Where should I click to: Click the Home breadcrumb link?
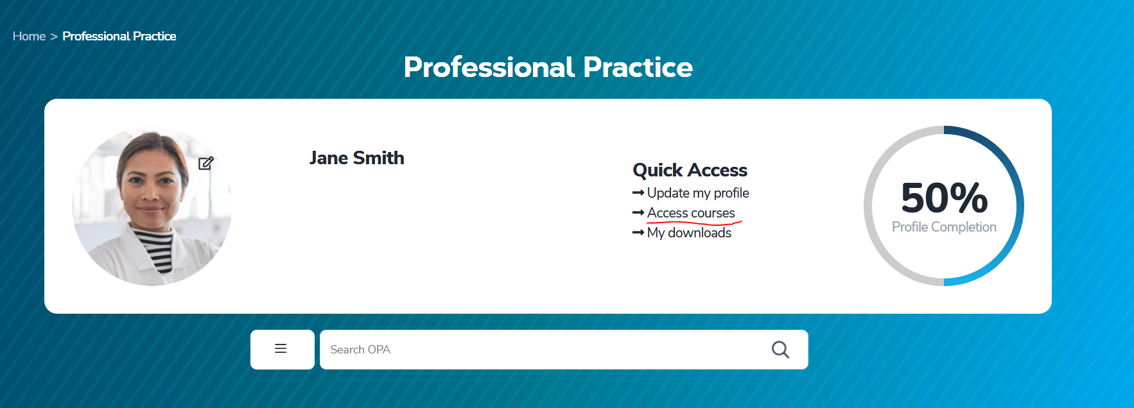[29, 37]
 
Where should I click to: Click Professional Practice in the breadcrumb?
[119, 37]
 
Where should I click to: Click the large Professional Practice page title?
[548, 67]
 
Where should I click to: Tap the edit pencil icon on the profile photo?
[205, 163]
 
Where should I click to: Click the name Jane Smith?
[357, 158]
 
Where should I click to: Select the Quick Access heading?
[690, 170]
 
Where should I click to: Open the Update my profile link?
[698, 193]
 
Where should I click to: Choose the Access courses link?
[691, 212]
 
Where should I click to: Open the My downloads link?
[689, 233]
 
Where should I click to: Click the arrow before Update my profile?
[638, 192]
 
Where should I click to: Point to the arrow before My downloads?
[638, 232]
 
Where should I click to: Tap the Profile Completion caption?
[944, 227]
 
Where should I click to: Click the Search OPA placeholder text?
[360, 350]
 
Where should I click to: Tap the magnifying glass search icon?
[780, 350]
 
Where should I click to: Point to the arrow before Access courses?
[638, 212]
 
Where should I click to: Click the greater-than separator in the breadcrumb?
[54, 37]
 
